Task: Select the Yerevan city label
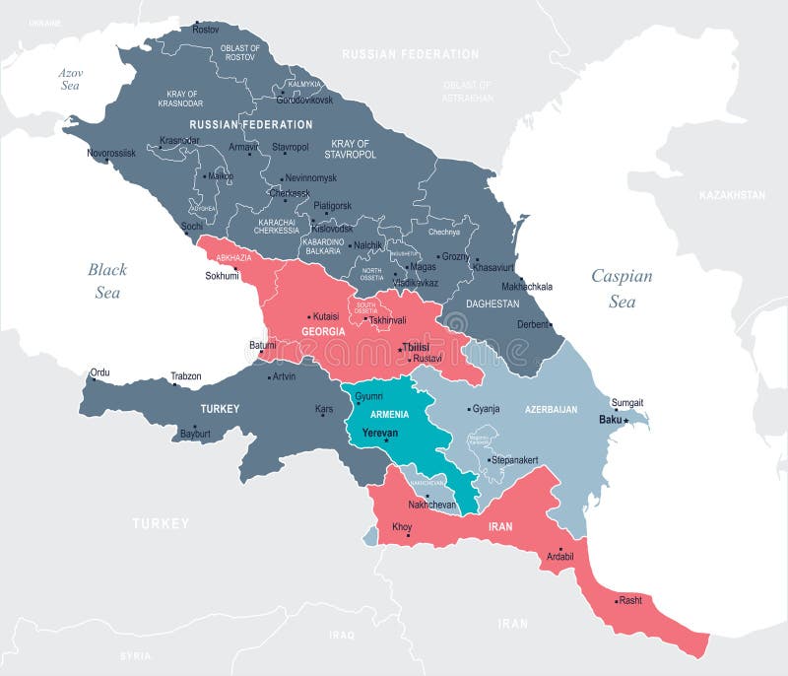pyautogui.click(x=380, y=433)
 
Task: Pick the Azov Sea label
pyautogui.click(x=69, y=79)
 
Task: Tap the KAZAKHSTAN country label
pyautogui.click(x=732, y=195)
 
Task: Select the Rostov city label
pyautogui.click(x=206, y=30)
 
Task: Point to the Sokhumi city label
pyautogui.click(x=222, y=276)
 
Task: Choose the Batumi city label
pyautogui.click(x=262, y=346)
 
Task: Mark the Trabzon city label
pyautogui.click(x=185, y=376)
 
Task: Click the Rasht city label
pyautogui.click(x=630, y=600)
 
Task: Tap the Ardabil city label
pyautogui.click(x=558, y=556)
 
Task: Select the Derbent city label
pyautogui.click(x=532, y=324)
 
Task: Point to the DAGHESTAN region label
pyautogui.click(x=492, y=304)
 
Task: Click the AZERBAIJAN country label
pyautogui.click(x=551, y=408)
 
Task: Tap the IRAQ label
pyautogui.click(x=342, y=635)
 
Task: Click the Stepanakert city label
pyautogui.click(x=514, y=460)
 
